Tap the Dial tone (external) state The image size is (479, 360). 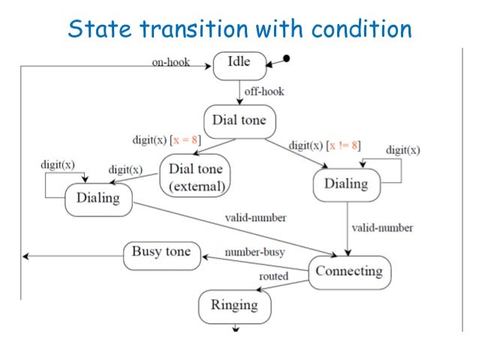[195, 176]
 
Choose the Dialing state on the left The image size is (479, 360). [98, 198]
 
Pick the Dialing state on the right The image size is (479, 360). [345, 184]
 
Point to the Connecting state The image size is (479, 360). [348, 271]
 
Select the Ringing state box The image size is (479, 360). [233, 305]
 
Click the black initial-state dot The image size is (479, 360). [286, 58]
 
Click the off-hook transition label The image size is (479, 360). [264, 92]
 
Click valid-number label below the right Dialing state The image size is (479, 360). [381, 227]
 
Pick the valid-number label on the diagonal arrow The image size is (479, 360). [255, 218]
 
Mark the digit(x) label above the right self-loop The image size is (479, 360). [402, 150]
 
